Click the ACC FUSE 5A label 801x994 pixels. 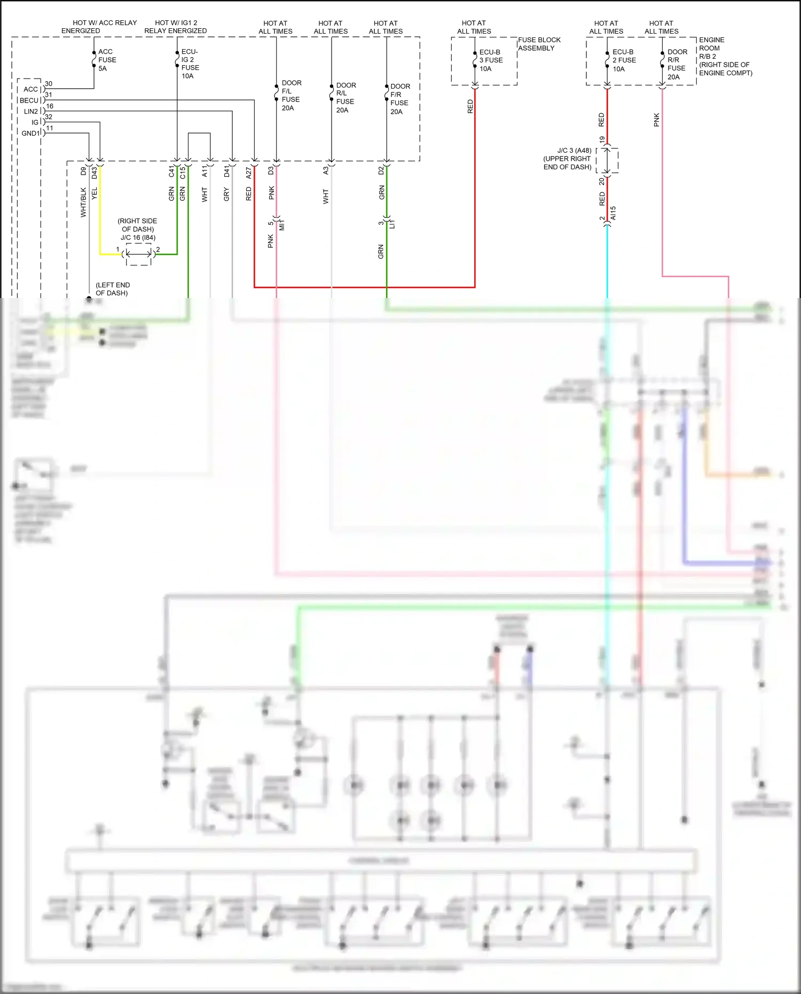click(x=107, y=60)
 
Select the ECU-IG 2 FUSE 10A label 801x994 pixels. click(x=190, y=64)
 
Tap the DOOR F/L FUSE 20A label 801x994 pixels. click(x=291, y=96)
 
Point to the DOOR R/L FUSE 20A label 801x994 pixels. click(x=345, y=97)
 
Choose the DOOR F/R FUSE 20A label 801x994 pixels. click(x=399, y=99)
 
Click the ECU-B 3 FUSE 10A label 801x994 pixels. click(x=491, y=60)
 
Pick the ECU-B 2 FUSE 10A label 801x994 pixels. click(x=624, y=60)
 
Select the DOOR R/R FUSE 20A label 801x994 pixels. click(x=677, y=64)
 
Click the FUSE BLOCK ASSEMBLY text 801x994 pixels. click(x=539, y=44)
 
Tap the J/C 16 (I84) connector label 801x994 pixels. click(x=138, y=238)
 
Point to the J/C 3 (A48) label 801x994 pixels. click(x=574, y=151)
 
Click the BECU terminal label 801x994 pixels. click(x=29, y=100)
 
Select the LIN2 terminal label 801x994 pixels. click(x=31, y=112)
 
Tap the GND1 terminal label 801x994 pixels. click(x=31, y=134)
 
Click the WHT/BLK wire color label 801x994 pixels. click(x=83, y=202)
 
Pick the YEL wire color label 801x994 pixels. click(x=95, y=193)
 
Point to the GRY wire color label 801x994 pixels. click(x=226, y=194)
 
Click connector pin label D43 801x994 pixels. click(x=95, y=172)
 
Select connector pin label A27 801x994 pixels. click(x=249, y=172)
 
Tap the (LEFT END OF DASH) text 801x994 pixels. click(x=112, y=289)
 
